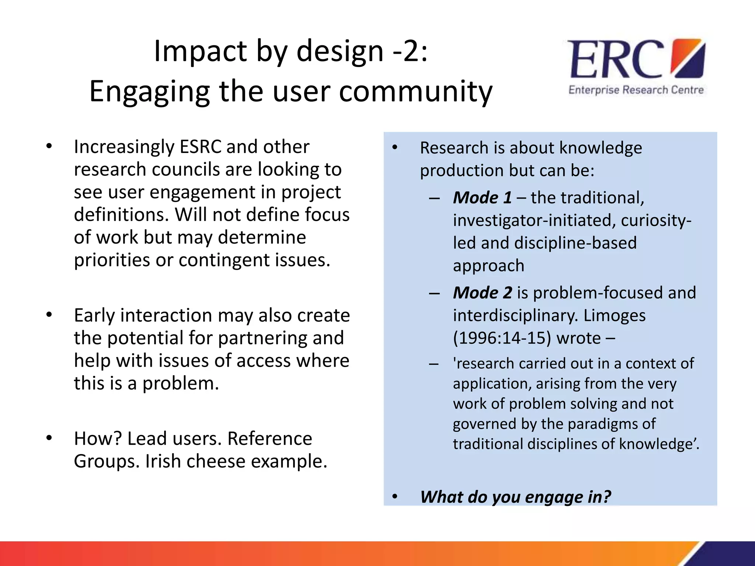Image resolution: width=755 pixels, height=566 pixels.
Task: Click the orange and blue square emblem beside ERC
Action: point(688,59)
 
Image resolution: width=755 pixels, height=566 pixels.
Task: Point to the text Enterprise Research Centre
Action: point(636,90)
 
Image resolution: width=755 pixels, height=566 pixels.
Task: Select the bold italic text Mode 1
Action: point(482,198)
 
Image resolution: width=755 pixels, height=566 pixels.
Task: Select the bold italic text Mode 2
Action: point(482,293)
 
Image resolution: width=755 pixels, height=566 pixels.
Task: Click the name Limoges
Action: point(614,316)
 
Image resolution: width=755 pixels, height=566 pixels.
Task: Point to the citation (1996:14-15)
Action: point(502,338)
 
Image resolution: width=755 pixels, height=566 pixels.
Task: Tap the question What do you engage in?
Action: point(515,497)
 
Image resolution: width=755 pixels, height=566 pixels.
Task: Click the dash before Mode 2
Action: point(434,294)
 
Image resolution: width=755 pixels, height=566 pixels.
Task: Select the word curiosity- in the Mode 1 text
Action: point(656,220)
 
